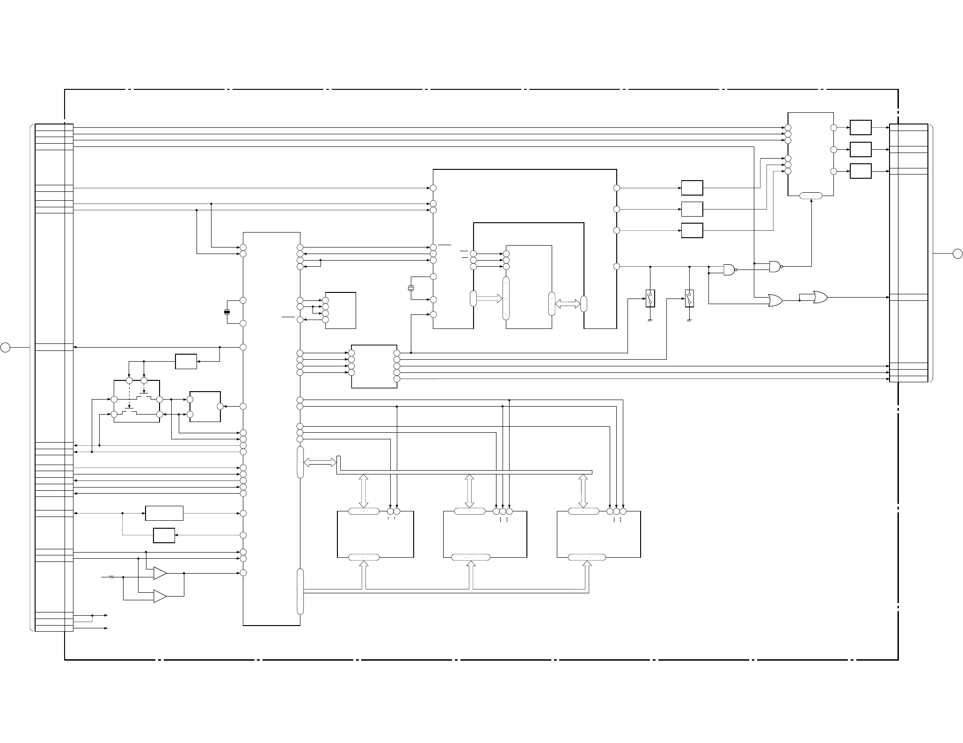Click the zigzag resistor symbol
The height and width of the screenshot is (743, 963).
[x=111, y=577]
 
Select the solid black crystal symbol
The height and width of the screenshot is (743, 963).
[x=227, y=312]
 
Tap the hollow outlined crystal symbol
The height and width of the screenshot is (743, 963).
[x=411, y=288]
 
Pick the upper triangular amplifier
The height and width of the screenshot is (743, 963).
[x=160, y=573]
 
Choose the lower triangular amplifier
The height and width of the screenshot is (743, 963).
[x=160, y=596]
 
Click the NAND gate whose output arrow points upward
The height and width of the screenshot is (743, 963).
[x=775, y=266]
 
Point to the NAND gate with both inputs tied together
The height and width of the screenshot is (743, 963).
[x=730, y=270]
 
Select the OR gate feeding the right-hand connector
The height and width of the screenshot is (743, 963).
[x=820, y=297]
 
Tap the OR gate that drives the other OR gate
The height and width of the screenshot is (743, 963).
[x=775, y=300]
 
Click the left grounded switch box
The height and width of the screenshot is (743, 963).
[x=650, y=298]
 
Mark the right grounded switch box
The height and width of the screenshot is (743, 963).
[x=689, y=298]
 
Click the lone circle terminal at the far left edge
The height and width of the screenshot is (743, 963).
[x=5, y=347]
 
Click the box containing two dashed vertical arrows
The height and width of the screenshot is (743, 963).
[x=137, y=401]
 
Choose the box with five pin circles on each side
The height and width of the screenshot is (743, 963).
[x=374, y=366]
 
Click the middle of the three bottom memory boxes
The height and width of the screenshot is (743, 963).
[x=485, y=534]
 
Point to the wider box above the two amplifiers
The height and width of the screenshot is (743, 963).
[x=164, y=513]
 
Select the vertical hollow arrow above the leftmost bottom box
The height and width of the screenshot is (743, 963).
[x=364, y=491]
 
